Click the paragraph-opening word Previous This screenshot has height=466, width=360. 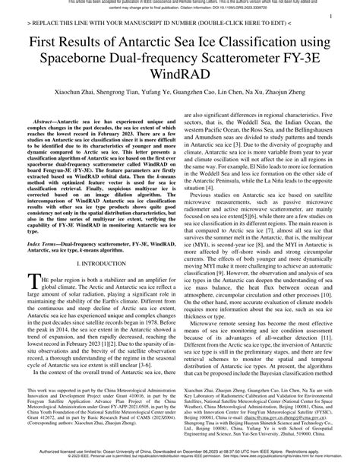(202, 218)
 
